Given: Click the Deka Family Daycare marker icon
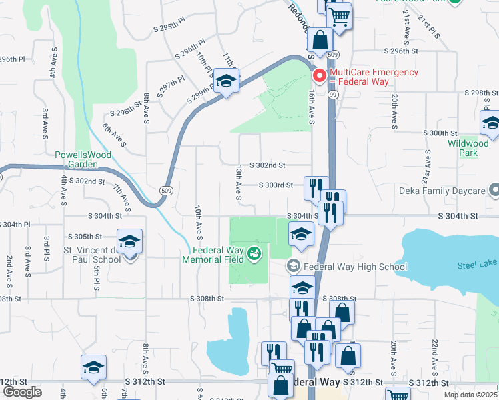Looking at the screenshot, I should pos(493,191).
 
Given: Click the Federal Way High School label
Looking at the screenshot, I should pos(355,267).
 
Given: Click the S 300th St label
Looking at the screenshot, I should pos(443,133).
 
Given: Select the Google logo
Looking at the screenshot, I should pos(22,392).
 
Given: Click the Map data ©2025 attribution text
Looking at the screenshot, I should pos(470,395).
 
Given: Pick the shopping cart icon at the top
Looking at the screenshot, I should pos(339,15).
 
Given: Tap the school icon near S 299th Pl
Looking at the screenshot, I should pos(227,82).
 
